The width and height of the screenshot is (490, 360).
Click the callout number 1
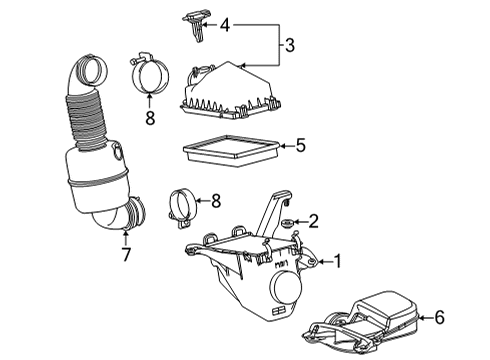pyautogui.click(x=337, y=262)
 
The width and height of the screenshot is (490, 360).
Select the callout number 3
pyautogui.click(x=288, y=45)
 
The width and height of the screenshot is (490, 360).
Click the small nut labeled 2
pyautogui.click(x=288, y=222)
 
